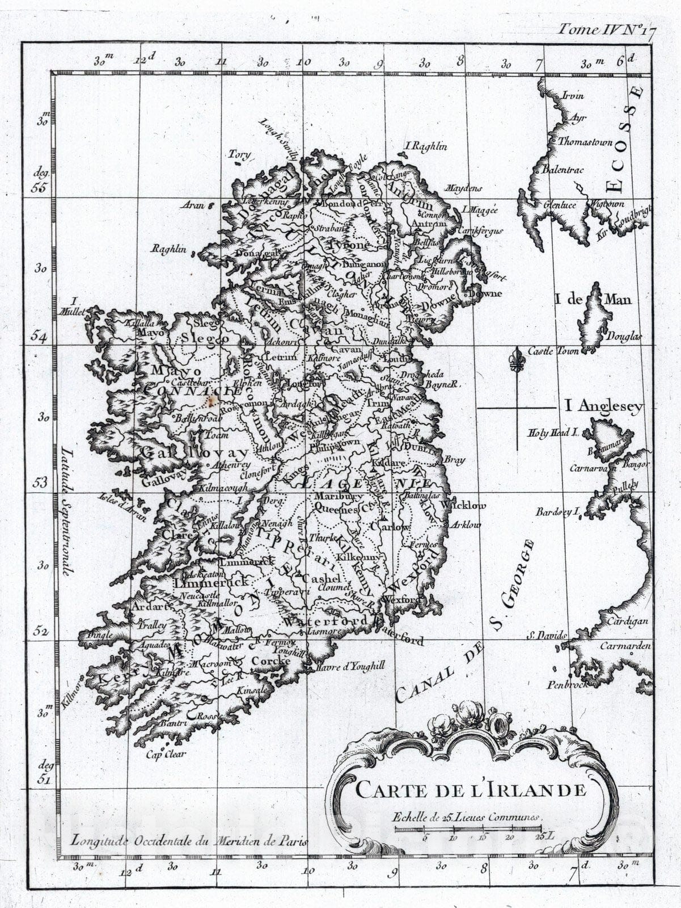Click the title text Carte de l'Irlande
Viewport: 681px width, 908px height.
pyautogui.click(x=470, y=789)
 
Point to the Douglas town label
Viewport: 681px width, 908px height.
pyautogui.click(x=624, y=336)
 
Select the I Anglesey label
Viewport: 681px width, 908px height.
pyautogui.click(x=604, y=406)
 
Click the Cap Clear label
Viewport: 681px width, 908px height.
pyautogui.click(x=166, y=754)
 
